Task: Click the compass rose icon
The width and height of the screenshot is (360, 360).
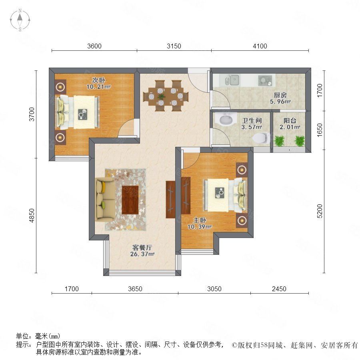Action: click(x=20, y=20)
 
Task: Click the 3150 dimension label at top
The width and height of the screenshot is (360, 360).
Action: click(x=174, y=46)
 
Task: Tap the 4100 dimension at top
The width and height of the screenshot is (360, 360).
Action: click(x=260, y=46)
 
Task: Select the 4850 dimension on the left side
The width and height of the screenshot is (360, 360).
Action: click(x=32, y=215)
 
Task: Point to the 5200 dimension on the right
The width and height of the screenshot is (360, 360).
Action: click(x=320, y=211)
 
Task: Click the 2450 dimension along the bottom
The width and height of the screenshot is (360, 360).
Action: click(x=279, y=289)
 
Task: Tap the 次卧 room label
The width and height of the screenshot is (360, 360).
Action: click(x=98, y=80)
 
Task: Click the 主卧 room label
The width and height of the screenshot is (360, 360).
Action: click(x=200, y=220)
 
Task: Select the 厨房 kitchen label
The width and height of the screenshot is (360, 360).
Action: click(x=280, y=95)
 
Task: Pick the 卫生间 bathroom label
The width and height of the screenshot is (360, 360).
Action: click(x=252, y=120)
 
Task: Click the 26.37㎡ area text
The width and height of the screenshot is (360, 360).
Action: click(x=142, y=254)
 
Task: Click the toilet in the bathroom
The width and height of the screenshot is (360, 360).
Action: click(x=262, y=138)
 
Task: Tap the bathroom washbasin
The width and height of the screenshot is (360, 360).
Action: click(x=226, y=119)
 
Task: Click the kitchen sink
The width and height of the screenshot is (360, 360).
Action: click(x=232, y=80)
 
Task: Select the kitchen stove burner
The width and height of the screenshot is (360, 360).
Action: click(x=265, y=80)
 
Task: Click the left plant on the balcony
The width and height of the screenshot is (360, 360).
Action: click(x=279, y=141)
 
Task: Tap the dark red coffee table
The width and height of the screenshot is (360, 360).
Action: click(x=130, y=200)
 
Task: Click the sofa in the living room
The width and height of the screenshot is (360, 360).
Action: click(x=105, y=200)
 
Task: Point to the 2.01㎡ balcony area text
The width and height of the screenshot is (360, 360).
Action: click(x=290, y=127)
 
